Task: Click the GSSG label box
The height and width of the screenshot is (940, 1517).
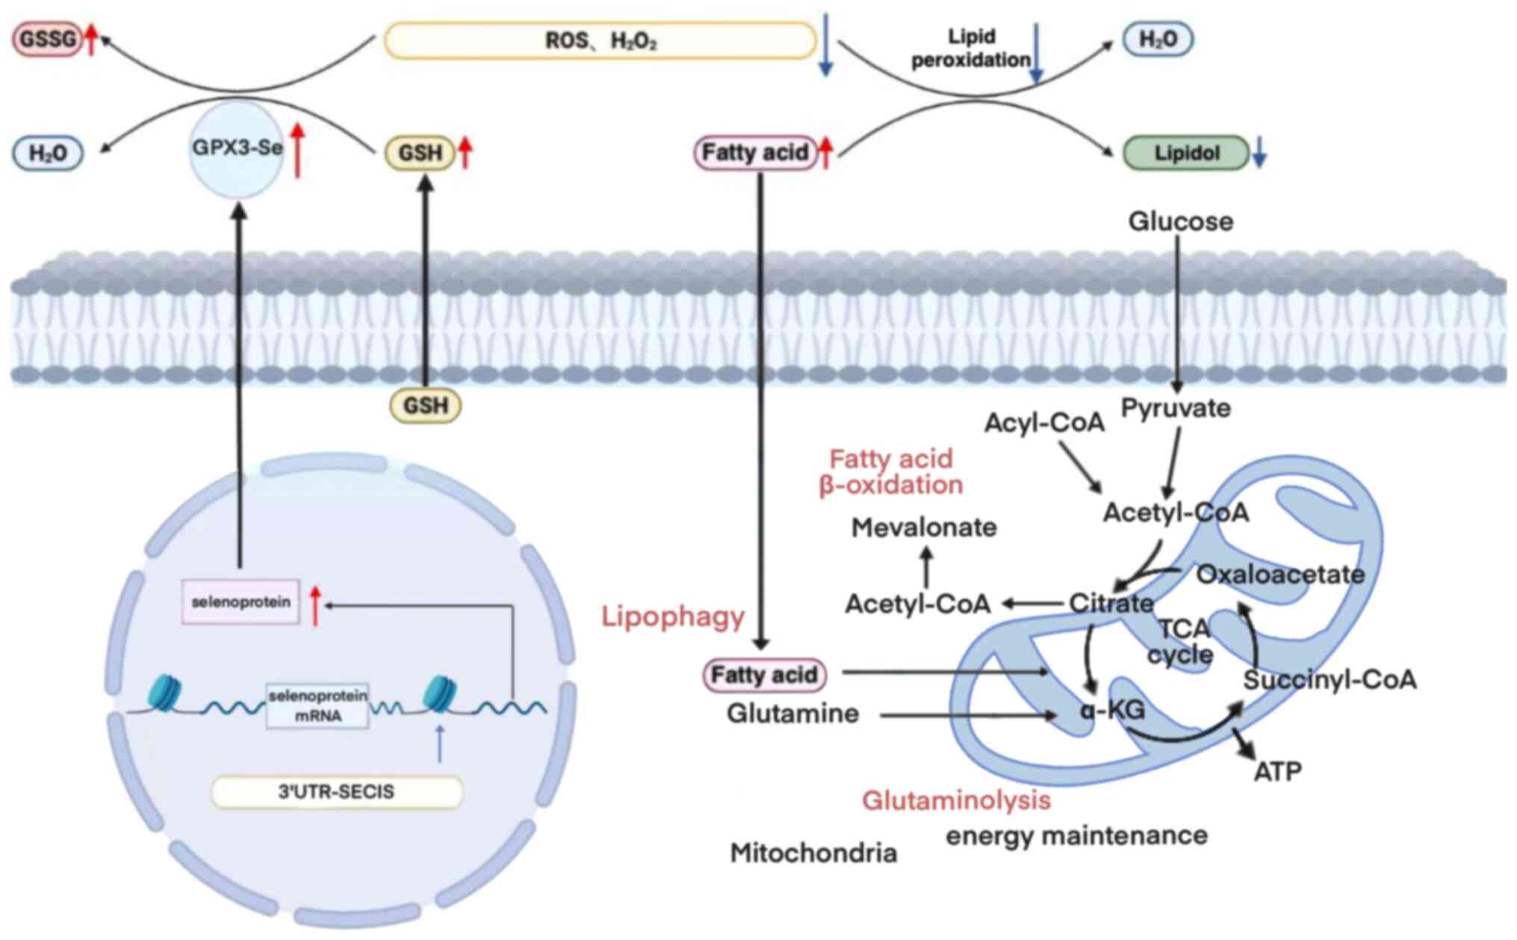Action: point(48,39)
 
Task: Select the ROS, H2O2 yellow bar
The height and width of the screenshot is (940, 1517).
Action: point(601,40)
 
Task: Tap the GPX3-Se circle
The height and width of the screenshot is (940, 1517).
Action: point(238,149)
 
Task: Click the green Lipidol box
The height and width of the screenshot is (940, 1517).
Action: point(1186,153)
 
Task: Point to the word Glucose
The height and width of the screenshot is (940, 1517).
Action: point(1180,221)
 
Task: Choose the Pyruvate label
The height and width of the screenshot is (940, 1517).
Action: point(1176,408)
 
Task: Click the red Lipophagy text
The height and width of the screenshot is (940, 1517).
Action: point(673,617)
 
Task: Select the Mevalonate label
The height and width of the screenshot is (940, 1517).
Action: point(924,528)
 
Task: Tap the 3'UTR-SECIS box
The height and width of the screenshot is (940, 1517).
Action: point(337,792)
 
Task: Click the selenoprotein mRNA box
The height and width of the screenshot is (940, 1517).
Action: point(317,705)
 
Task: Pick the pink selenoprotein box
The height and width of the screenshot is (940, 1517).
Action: point(241,602)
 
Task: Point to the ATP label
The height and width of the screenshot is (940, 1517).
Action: point(1277,771)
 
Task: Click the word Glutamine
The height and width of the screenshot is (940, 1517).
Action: point(792,713)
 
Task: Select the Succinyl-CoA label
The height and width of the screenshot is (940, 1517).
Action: point(1330,680)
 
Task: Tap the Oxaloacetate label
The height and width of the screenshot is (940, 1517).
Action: point(1280,574)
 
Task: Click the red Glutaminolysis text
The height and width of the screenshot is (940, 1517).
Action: point(956,800)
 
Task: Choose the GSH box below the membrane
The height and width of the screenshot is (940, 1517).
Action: point(426,406)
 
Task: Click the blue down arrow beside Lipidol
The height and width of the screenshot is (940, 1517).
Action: point(1259,152)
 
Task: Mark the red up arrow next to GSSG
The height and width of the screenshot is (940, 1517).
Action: point(91,39)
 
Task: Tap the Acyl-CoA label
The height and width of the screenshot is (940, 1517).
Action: point(1044,423)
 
